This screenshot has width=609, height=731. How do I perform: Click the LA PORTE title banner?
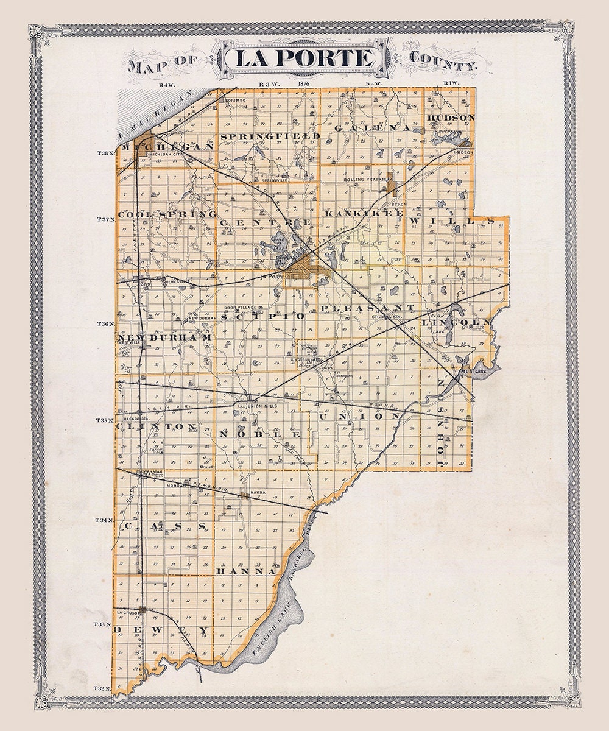[304, 59]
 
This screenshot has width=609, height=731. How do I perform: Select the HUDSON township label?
[451, 117]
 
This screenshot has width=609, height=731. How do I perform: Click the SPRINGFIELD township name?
[270, 136]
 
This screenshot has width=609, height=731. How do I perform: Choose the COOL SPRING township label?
[167, 214]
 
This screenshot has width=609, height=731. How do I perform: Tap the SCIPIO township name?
[262, 316]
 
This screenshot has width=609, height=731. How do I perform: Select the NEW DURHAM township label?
[164, 337]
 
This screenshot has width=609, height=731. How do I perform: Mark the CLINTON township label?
[157, 426]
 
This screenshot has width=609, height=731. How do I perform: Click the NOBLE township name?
[260, 434]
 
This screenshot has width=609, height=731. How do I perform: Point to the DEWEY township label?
[162, 629]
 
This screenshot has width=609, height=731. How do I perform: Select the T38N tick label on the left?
[107, 154]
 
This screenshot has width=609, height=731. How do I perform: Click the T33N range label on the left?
[104, 624]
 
